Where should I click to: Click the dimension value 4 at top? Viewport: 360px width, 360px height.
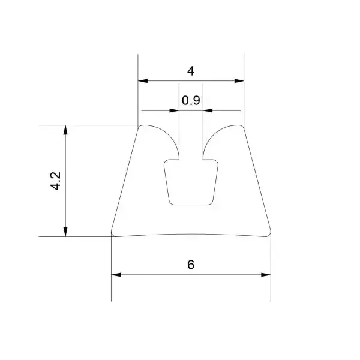click(x=191, y=71)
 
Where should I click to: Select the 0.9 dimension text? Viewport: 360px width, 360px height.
click(x=191, y=100)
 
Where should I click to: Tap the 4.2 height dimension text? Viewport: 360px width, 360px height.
click(x=56, y=181)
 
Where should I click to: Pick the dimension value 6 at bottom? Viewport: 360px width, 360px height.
click(x=191, y=265)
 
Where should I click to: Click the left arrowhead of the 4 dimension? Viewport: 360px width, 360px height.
click(x=143, y=81)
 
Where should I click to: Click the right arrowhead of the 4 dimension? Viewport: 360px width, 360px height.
click(x=239, y=81)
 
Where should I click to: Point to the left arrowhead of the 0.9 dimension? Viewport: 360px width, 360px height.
click(x=174, y=110)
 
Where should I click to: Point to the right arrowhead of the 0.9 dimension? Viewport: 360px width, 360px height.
click(x=208, y=110)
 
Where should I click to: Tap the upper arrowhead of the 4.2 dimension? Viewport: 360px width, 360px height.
click(x=65, y=130)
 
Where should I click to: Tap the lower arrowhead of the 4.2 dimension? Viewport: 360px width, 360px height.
click(x=65, y=232)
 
